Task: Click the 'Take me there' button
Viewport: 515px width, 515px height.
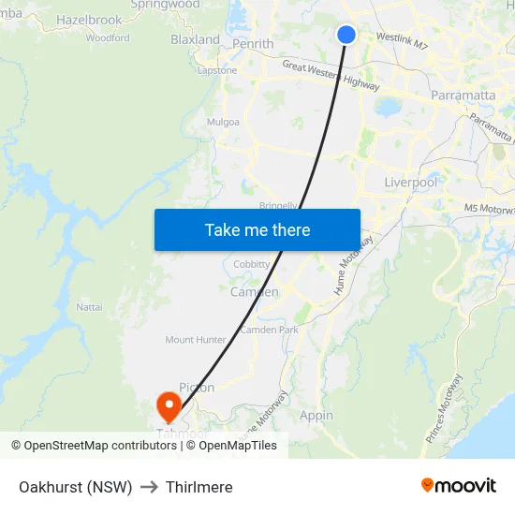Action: (257, 229)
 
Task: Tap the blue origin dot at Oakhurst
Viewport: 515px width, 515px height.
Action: (346, 35)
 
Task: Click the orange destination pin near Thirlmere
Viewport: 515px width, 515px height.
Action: (169, 406)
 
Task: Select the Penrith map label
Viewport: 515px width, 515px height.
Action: (254, 43)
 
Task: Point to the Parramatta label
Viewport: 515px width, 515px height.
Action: (463, 96)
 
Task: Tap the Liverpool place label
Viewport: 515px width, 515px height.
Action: (410, 183)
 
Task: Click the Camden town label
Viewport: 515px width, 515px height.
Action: (254, 292)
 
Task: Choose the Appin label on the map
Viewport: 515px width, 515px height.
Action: (316, 415)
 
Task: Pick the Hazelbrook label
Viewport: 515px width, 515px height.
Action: (89, 20)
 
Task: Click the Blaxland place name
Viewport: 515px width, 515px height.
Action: (195, 40)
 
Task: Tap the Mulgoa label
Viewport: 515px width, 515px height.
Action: (223, 122)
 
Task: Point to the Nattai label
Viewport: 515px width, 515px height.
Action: (89, 306)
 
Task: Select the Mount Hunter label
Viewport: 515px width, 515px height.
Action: (196, 340)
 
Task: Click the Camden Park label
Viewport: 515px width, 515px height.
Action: (269, 331)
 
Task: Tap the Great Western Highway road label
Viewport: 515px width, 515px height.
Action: (324, 73)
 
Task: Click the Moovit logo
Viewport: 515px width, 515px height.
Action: (458, 485)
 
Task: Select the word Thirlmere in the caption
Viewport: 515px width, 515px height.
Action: (199, 487)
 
